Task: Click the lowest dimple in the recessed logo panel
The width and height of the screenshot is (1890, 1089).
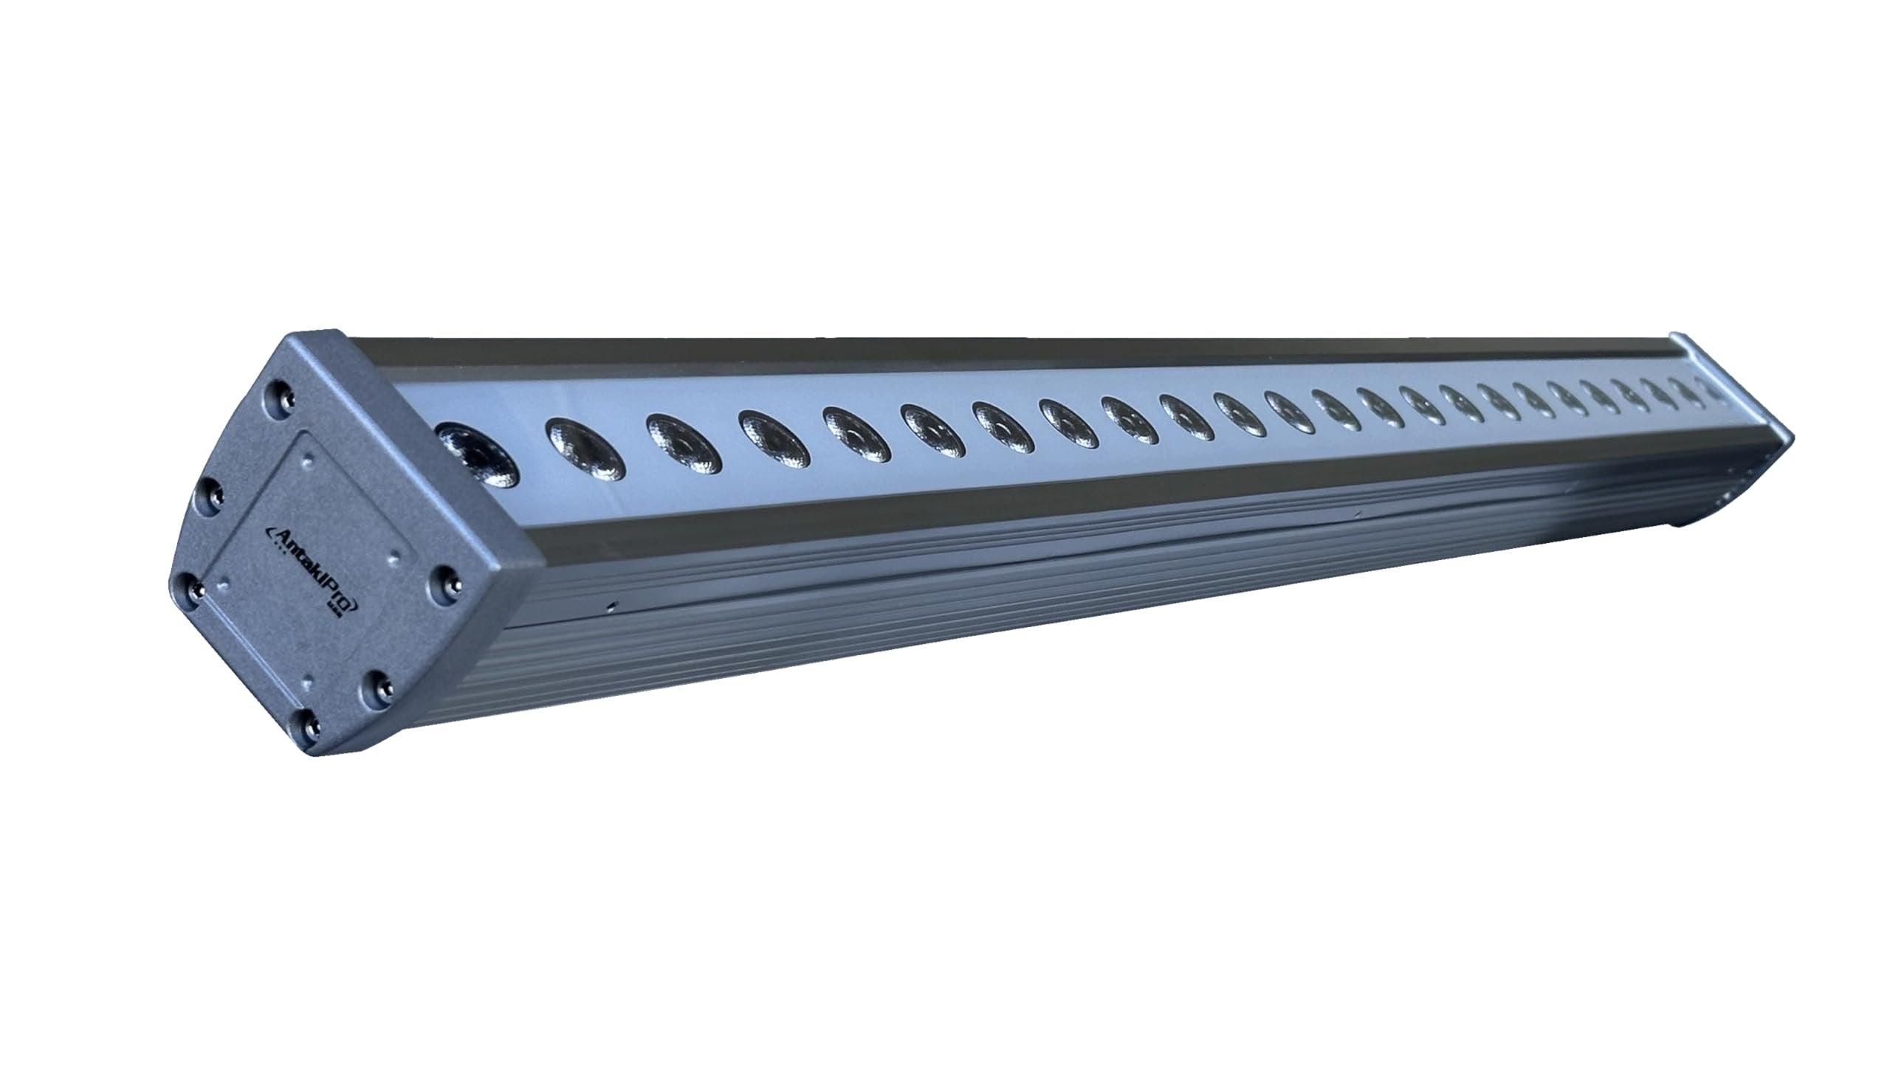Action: pos(306,682)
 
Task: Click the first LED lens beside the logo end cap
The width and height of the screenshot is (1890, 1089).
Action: pos(477,453)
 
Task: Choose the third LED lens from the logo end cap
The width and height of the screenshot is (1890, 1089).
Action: pos(683,444)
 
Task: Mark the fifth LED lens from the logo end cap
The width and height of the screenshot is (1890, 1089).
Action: pos(856,435)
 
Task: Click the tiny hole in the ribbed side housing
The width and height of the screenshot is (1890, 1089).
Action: pos(611,604)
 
